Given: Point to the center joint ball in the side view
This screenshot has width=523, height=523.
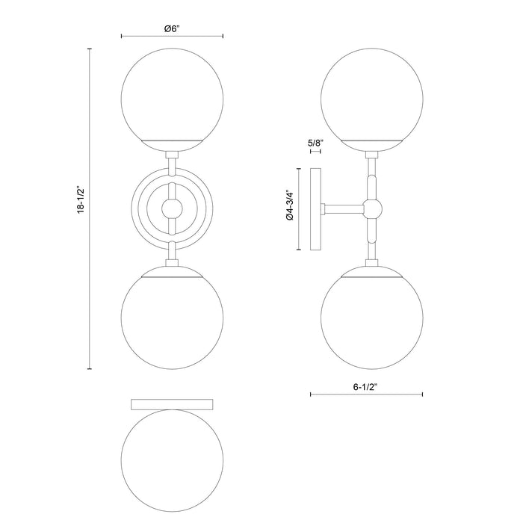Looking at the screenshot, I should (371, 207).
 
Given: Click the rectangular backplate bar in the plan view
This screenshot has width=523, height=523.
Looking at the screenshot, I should (172, 404).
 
